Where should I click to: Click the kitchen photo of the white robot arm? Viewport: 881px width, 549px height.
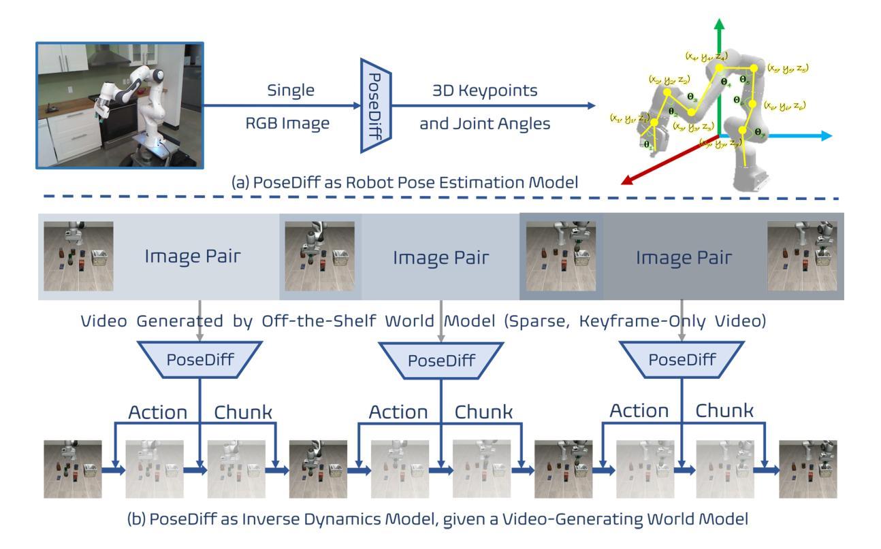[119, 105]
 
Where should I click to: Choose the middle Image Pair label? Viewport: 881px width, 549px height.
[434, 258]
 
